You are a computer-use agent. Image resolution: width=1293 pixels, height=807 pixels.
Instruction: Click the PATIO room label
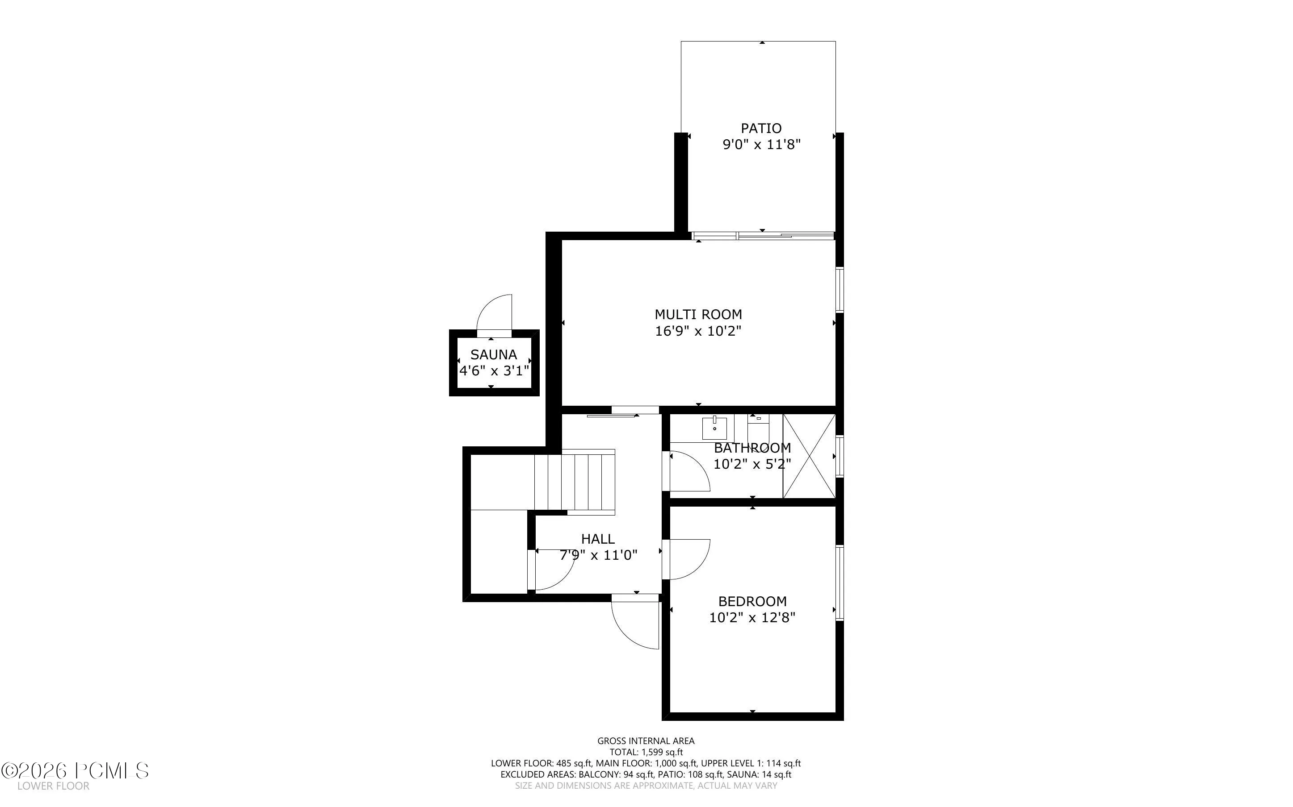tap(761, 128)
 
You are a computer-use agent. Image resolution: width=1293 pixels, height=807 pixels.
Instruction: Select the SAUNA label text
tap(494, 354)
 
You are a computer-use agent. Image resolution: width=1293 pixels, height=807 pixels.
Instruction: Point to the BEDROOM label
tap(752, 602)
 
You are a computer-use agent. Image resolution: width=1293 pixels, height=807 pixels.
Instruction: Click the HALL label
tap(598, 539)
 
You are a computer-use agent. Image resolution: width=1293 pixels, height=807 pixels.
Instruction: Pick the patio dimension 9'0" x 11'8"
tap(762, 145)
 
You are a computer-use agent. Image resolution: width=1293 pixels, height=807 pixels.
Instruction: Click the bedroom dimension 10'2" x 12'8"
tap(752, 618)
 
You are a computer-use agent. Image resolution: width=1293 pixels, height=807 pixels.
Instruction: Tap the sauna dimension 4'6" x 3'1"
tap(495, 371)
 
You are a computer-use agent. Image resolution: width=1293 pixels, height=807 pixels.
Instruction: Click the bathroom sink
tap(714, 428)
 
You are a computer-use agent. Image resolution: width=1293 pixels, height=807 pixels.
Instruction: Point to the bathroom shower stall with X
tap(809, 456)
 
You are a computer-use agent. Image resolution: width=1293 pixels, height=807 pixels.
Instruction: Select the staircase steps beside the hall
tap(575, 482)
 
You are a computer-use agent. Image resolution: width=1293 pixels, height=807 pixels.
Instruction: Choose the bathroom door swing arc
tap(701, 464)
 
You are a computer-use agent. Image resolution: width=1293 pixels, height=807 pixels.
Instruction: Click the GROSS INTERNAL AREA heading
tap(646, 741)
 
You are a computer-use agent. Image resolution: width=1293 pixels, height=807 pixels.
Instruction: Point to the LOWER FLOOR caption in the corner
tap(54, 786)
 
